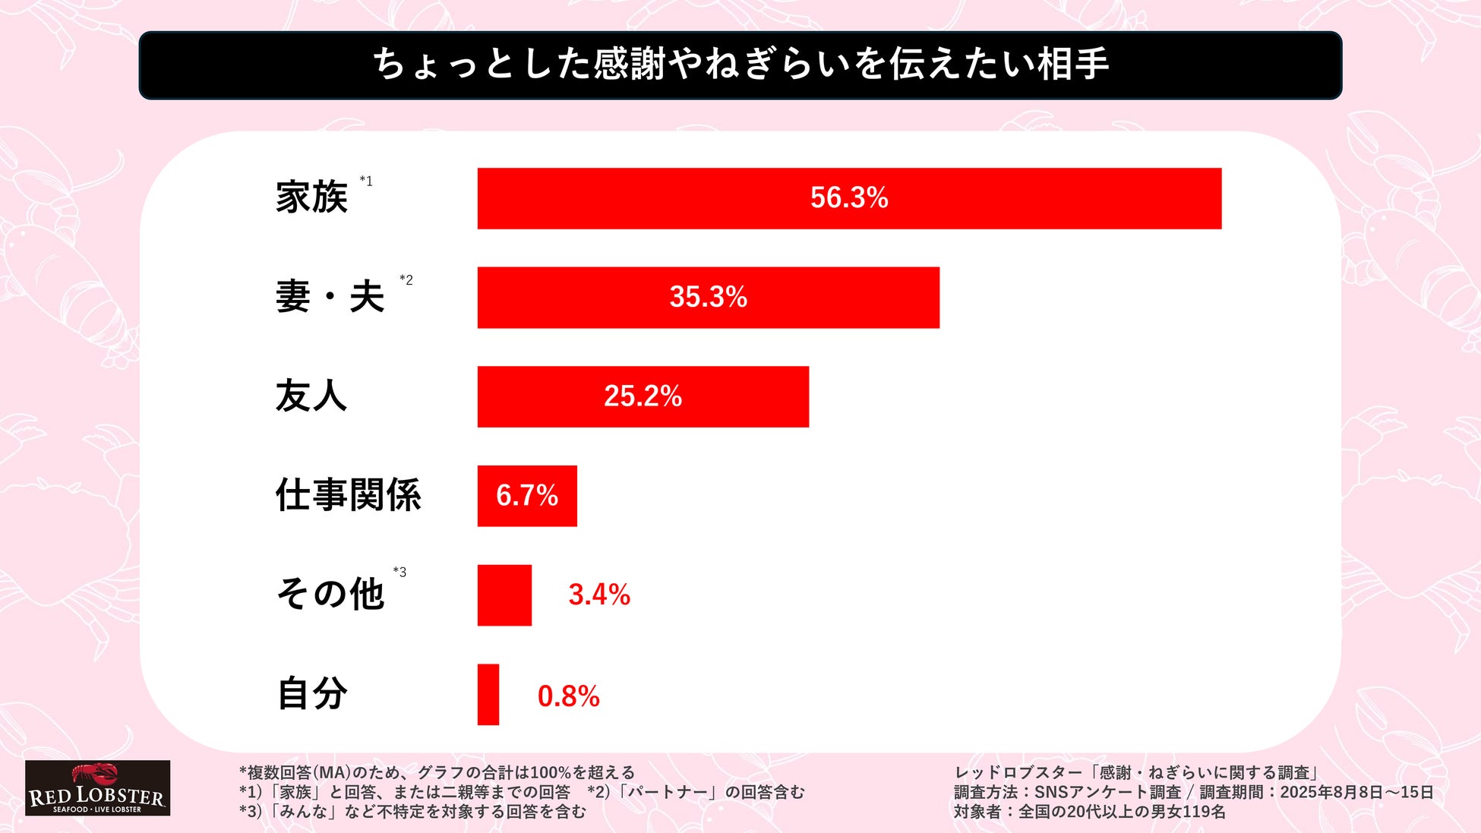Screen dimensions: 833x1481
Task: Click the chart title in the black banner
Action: pyautogui.click(x=740, y=64)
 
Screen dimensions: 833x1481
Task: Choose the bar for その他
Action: pyautogui.click(x=504, y=595)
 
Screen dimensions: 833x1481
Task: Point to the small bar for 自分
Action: pyautogui.click(x=488, y=695)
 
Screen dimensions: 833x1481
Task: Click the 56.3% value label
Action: pyautogui.click(x=849, y=198)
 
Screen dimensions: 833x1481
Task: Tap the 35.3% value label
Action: pyautogui.click(x=708, y=297)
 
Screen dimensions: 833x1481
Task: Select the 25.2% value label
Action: pyautogui.click(x=643, y=396)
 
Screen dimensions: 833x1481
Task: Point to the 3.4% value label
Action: pyautogui.click(x=599, y=595)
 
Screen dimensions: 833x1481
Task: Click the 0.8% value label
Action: pyautogui.click(x=568, y=696)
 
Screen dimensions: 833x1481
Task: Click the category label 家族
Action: pyautogui.click(x=311, y=197)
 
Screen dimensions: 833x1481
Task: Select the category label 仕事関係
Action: pyautogui.click(x=348, y=495)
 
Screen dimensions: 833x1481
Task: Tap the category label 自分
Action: pyautogui.click(x=311, y=693)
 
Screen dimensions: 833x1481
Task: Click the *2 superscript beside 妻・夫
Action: pyautogui.click(x=406, y=280)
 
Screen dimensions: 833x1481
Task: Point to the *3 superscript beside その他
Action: pyautogui.click(x=399, y=572)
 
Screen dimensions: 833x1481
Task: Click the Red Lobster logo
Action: pyautogui.click(x=97, y=788)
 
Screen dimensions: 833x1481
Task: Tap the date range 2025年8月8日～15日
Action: pyautogui.click(x=1356, y=793)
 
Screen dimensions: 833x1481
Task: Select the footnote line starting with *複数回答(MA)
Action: pyautogui.click(x=437, y=773)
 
